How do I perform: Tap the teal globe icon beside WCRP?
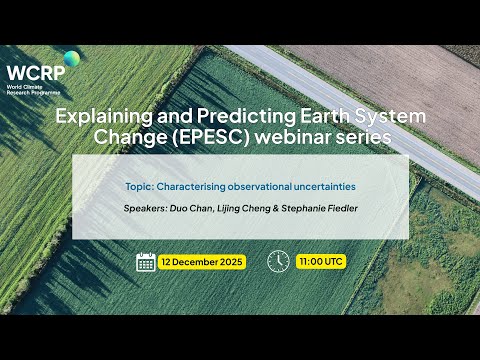72,59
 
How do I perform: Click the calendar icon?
145,261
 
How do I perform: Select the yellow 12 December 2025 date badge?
205,261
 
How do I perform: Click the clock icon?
278,261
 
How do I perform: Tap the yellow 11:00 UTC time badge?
320,261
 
